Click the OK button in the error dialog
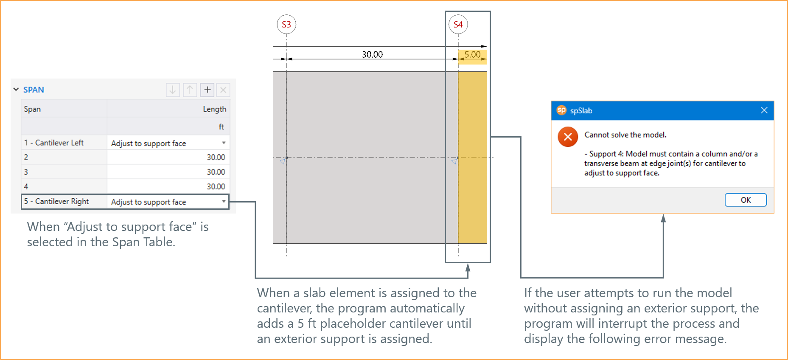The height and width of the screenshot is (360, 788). pos(745,200)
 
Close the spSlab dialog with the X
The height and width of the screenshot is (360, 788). pos(764,110)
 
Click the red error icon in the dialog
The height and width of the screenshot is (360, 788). pos(568,137)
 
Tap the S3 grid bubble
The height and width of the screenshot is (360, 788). pos(286,25)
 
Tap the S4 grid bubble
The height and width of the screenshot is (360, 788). pos(458,25)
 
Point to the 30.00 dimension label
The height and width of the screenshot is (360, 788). pos(372,54)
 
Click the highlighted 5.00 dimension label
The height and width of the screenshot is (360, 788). pos(472,55)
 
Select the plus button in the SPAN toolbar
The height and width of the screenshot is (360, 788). pos(207,90)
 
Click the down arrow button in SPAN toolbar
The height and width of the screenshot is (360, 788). pos(173,90)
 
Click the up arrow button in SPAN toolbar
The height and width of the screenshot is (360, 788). pos(190,90)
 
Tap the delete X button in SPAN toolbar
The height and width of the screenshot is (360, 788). pos(223,90)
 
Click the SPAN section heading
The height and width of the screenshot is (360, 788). pos(34,90)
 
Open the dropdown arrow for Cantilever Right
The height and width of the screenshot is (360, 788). pos(224,202)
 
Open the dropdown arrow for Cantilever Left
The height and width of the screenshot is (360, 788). pos(224,143)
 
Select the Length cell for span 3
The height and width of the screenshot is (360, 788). pos(168,172)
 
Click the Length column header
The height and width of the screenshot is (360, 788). pos(214,109)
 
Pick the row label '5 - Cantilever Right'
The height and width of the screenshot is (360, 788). pos(56,201)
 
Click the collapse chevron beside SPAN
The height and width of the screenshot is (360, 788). pos(16,90)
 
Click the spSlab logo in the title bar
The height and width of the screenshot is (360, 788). pos(561,110)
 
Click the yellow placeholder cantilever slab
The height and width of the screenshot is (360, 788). pos(472,157)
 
